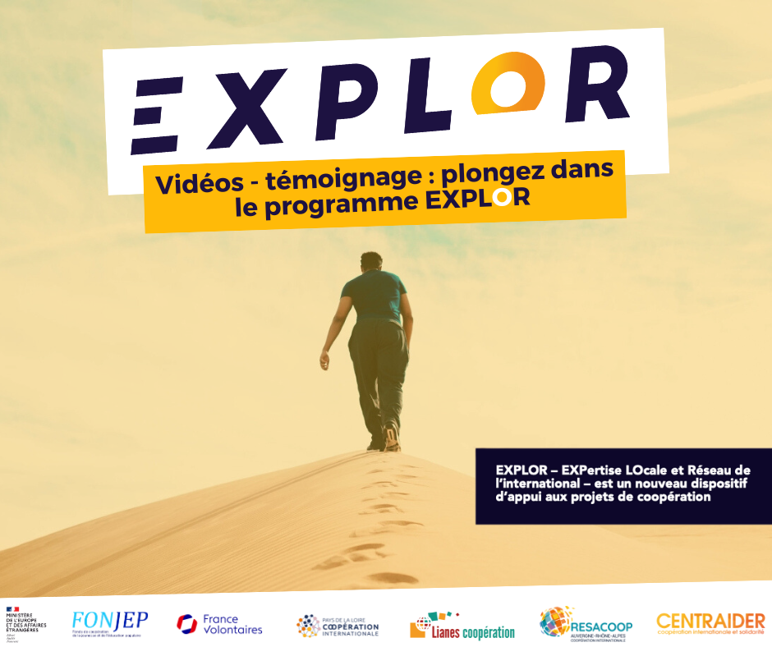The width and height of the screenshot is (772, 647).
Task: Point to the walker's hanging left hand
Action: point(325,360)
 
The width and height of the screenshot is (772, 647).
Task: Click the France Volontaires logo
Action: point(219,624)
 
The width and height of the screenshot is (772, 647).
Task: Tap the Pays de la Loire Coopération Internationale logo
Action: point(338,626)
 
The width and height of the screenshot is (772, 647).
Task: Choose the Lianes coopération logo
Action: point(462,626)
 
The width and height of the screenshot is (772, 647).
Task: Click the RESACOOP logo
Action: point(586,624)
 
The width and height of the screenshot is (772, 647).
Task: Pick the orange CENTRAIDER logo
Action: point(710,623)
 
